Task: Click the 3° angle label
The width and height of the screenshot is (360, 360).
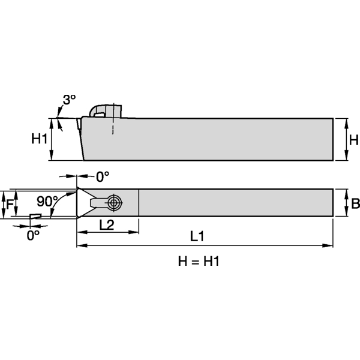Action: (70, 101)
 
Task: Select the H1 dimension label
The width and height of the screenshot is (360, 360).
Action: (39, 139)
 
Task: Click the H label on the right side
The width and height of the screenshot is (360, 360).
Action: (354, 140)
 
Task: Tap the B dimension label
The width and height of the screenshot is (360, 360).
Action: (355, 203)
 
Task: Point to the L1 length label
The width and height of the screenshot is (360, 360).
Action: (197, 237)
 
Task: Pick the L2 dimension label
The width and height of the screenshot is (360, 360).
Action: (107, 225)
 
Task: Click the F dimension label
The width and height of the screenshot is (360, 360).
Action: (9, 203)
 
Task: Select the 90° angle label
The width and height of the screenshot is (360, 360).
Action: (46, 200)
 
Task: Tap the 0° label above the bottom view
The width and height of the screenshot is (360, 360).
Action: (103, 176)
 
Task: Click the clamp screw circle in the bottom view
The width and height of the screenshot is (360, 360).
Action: (113, 203)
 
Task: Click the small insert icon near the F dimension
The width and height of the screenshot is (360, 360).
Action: (35, 216)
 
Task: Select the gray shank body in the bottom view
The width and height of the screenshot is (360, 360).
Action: (234, 203)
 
